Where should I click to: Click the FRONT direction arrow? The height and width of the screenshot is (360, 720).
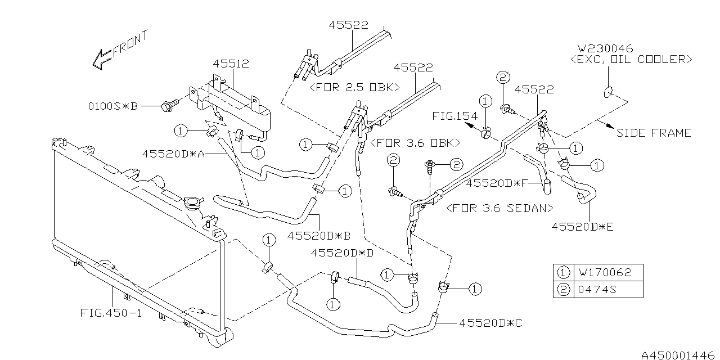[x=103, y=58]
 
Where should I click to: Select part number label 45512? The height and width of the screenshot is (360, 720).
[x=231, y=64]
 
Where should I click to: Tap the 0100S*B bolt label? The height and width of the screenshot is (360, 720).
[x=112, y=105]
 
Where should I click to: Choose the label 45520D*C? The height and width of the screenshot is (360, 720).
[x=491, y=323]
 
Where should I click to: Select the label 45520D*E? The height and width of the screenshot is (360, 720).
[x=583, y=227]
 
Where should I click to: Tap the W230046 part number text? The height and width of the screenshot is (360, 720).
[x=606, y=48]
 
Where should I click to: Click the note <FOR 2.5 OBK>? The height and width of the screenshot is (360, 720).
[x=354, y=88]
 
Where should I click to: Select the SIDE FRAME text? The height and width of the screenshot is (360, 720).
[x=654, y=133]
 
